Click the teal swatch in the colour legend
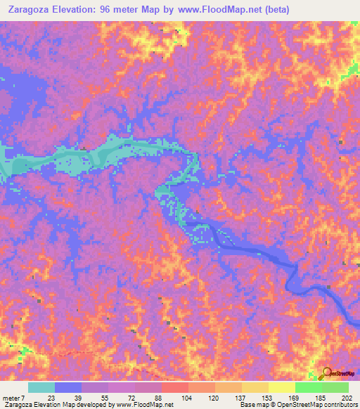coord(41,388)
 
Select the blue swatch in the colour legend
coord(68,388)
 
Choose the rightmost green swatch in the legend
coord(335,388)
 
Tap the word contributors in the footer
coord(340,405)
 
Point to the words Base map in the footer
coord(252,405)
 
